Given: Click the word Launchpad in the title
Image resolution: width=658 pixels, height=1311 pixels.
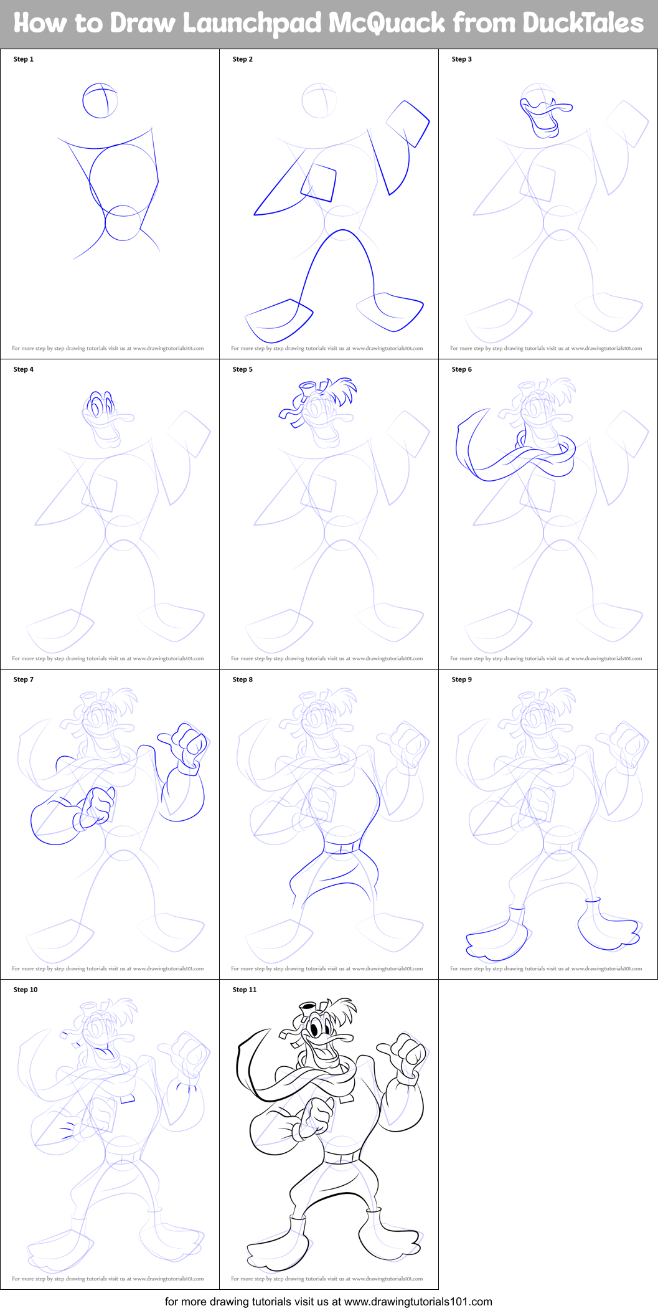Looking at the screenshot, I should coord(252,24).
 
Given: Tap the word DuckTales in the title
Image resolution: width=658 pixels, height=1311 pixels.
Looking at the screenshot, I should coord(583,24).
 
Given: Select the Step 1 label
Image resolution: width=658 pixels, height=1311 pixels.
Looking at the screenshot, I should coord(24,59).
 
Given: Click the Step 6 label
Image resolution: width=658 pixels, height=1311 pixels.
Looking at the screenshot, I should coord(462,369).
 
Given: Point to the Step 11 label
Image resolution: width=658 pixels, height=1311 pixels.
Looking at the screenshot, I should coord(245,990).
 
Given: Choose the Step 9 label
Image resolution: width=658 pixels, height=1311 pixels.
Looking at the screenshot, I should coord(462,679).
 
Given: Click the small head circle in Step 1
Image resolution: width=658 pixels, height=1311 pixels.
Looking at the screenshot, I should coord(100,100).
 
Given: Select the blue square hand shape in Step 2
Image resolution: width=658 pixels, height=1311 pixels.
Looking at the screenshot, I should coord(408,122).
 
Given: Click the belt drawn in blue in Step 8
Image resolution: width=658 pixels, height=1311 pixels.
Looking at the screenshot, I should coord(342,848).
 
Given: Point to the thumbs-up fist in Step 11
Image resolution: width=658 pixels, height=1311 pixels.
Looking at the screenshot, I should coord(408,1052).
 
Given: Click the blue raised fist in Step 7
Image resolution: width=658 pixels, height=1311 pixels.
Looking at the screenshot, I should coord(187,745).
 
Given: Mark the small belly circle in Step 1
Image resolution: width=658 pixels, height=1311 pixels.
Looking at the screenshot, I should coord(123,223).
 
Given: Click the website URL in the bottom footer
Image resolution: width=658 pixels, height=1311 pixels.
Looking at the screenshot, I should coord(418,1301).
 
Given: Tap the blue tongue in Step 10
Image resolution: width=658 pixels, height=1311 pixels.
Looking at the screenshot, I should coord(106,1053).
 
